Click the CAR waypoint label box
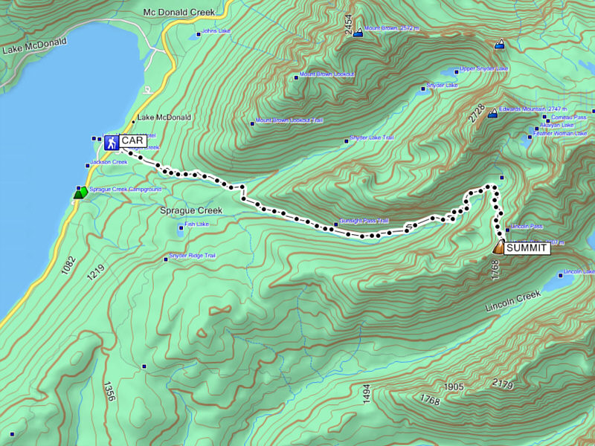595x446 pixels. tap(132, 140)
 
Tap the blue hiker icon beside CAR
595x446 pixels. tap(111, 141)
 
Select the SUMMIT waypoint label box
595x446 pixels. tap(527, 248)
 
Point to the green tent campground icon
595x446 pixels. tap(79, 193)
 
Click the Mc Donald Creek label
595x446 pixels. tap(178, 13)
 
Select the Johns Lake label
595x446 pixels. tap(216, 32)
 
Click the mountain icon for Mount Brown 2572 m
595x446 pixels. tap(358, 33)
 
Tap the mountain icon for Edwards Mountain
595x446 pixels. tap(492, 114)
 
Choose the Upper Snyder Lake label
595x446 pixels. tap(483, 69)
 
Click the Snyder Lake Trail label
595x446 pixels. tap(371, 138)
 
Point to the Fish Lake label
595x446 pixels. tap(196, 224)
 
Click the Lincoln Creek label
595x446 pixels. tap(511, 301)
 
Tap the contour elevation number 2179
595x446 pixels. tap(503, 384)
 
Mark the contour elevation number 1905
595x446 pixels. tap(453, 387)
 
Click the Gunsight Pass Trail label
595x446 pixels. tap(364, 221)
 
